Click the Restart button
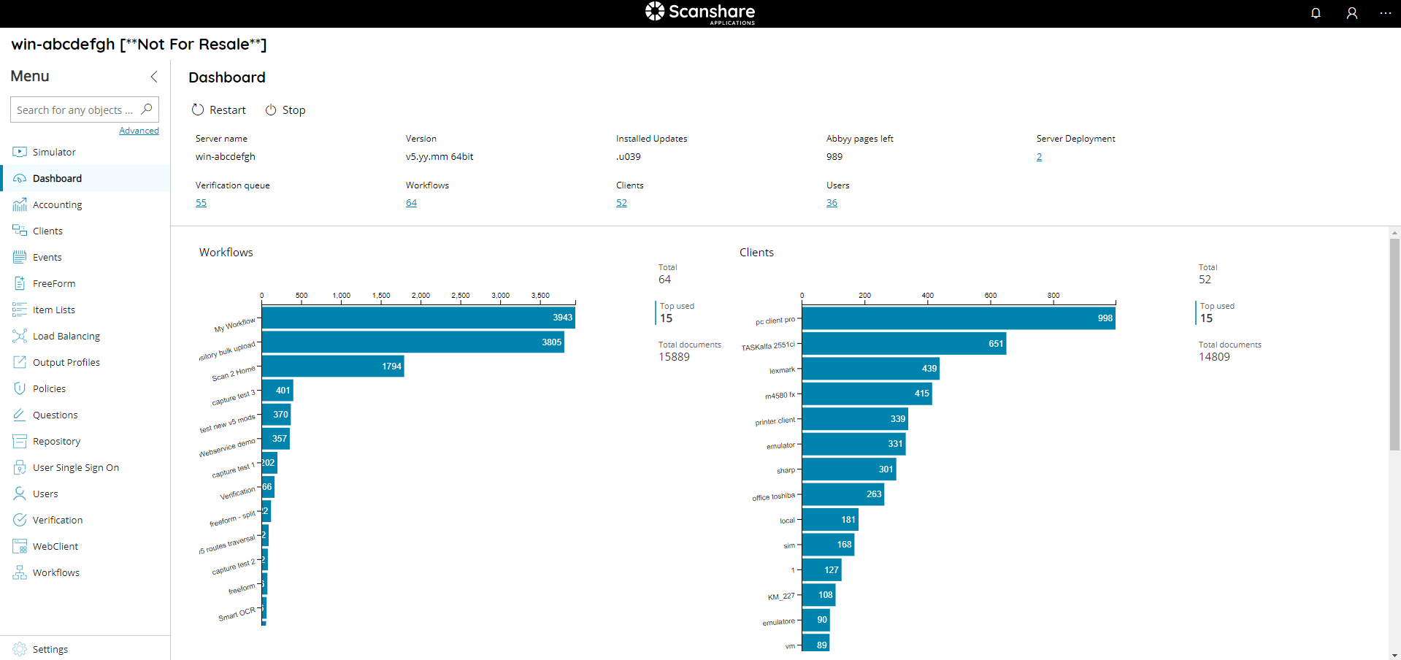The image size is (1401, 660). tap(219, 110)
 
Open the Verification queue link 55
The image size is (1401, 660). tap(201, 203)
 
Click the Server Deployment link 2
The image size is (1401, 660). tap(1039, 157)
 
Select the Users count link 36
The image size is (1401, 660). tap(832, 203)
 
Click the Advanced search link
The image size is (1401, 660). tap(139, 131)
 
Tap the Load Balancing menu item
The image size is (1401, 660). tap(66, 337)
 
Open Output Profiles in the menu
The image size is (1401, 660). tap(66, 363)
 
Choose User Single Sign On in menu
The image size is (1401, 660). tap(75, 468)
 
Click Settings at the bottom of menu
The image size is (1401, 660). tap(50, 649)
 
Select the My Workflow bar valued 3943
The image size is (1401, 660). tap(418, 318)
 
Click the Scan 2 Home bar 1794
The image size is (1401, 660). tap(332, 367)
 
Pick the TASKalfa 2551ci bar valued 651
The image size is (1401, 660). tap(904, 344)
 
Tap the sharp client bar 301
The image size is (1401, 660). tap(848, 469)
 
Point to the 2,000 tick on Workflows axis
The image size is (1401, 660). tap(421, 296)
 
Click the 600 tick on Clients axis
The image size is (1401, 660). tap(990, 296)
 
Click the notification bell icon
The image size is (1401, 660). tap(1316, 13)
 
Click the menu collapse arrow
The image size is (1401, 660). tap(154, 77)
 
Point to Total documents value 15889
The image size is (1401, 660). tap(674, 357)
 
